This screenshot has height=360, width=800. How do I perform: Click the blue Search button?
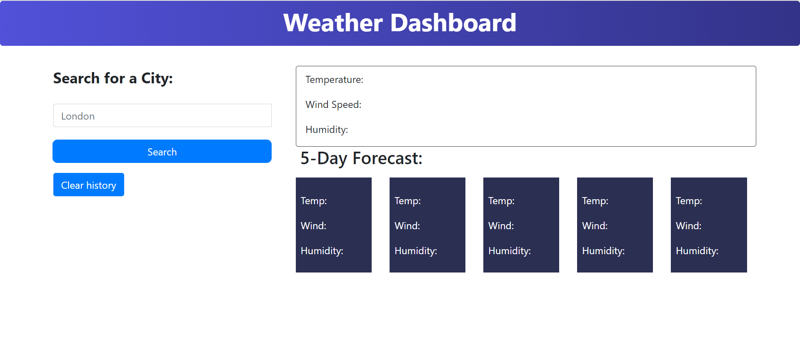tap(162, 151)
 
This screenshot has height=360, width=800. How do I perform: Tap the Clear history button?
tap(89, 185)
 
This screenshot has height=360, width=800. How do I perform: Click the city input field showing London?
tap(162, 115)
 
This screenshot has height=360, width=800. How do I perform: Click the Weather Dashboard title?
tap(400, 22)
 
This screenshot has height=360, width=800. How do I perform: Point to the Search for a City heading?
tap(113, 78)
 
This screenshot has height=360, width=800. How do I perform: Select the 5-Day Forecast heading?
tap(361, 158)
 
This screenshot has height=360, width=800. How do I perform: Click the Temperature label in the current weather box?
tap(334, 80)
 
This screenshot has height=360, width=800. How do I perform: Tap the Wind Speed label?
tap(333, 105)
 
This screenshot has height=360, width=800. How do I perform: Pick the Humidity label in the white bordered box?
tap(327, 130)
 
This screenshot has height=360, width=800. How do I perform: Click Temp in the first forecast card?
tap(314, 201)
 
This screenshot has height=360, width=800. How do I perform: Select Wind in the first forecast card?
tap(313, 226)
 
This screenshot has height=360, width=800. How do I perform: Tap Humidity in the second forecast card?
tap(416, 251)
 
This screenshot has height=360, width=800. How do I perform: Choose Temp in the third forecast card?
tap(501, 201)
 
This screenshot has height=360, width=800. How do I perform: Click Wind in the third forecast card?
tap(501, 226)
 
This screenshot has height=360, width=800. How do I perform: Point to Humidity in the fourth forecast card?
tap(603, 251)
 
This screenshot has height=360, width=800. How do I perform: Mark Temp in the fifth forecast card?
tap(689, 201)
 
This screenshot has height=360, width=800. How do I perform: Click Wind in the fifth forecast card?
tap(688, 226)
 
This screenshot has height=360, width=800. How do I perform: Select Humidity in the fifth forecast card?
tap(697, 251)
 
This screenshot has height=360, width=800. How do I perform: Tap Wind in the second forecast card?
tap(407, 226)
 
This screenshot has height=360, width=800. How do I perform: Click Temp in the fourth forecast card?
tap(595, 201)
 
